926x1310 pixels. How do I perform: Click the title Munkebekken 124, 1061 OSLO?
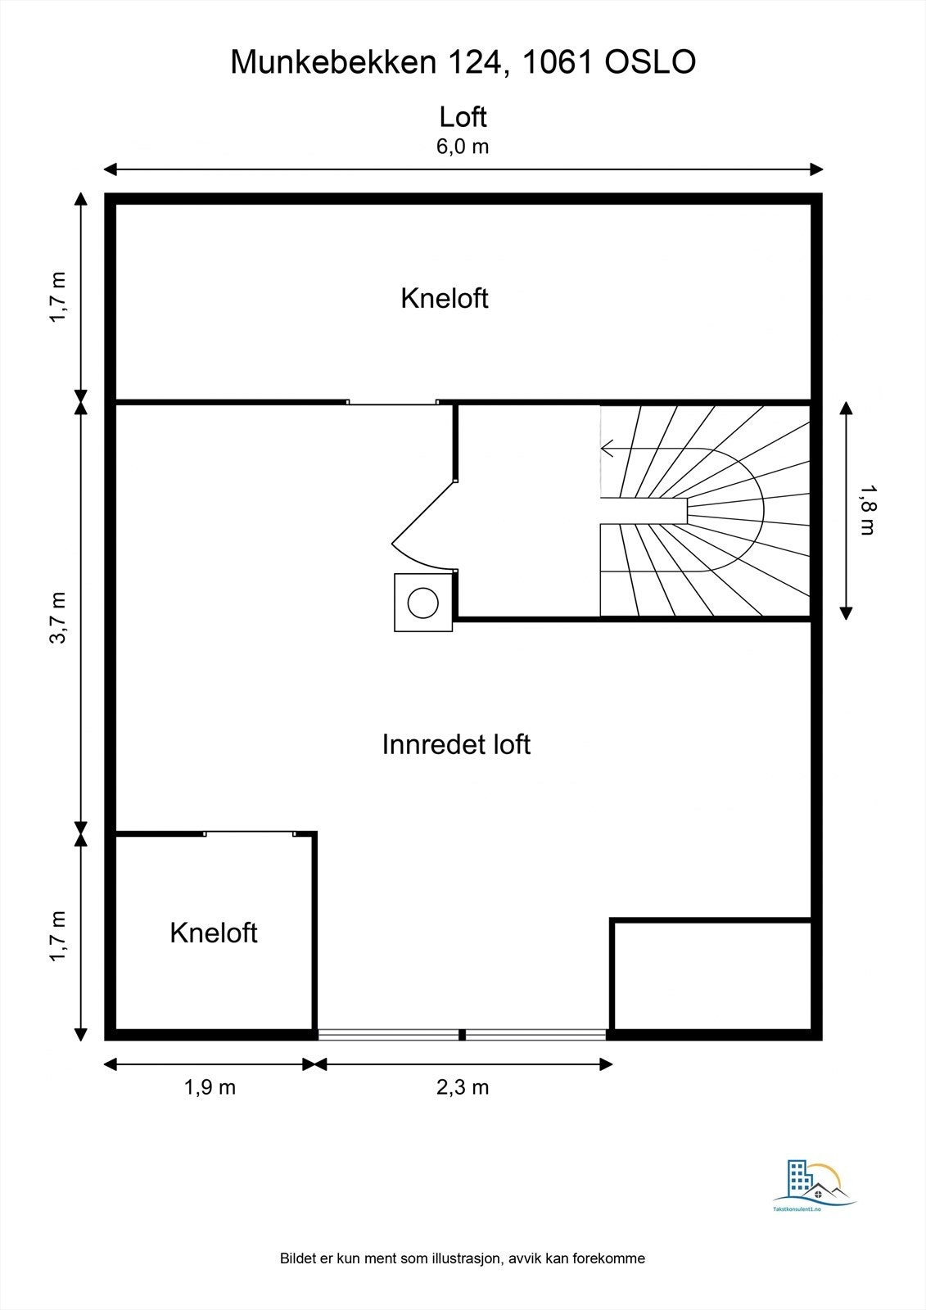[x=463, y=62]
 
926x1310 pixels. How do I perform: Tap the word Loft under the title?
[x=463, y=117]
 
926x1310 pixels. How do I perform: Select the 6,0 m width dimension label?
[x=463, y=147]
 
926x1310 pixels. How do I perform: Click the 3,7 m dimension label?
[x=59, y=617]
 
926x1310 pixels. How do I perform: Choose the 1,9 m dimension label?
[x=210, y=1087]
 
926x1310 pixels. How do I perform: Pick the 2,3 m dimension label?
[x=463, y=1087]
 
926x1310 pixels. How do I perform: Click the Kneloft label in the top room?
[x=445, y=298]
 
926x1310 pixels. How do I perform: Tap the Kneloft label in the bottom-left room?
[x=214, y=933]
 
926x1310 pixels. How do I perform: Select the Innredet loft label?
[x=456, y=744]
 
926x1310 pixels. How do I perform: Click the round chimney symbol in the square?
[x=423, y=603]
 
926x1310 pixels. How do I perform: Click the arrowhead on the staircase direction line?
[x=607, y=449]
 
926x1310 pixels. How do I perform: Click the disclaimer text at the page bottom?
[x=463, y=1258]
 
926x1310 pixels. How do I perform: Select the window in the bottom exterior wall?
[x=463, y=1035]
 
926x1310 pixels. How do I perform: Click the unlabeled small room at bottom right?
[x=711, y=974]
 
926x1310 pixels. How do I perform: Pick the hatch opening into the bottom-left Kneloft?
[x=249, y=833]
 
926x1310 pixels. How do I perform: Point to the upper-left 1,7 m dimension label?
[x=59, y=298]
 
